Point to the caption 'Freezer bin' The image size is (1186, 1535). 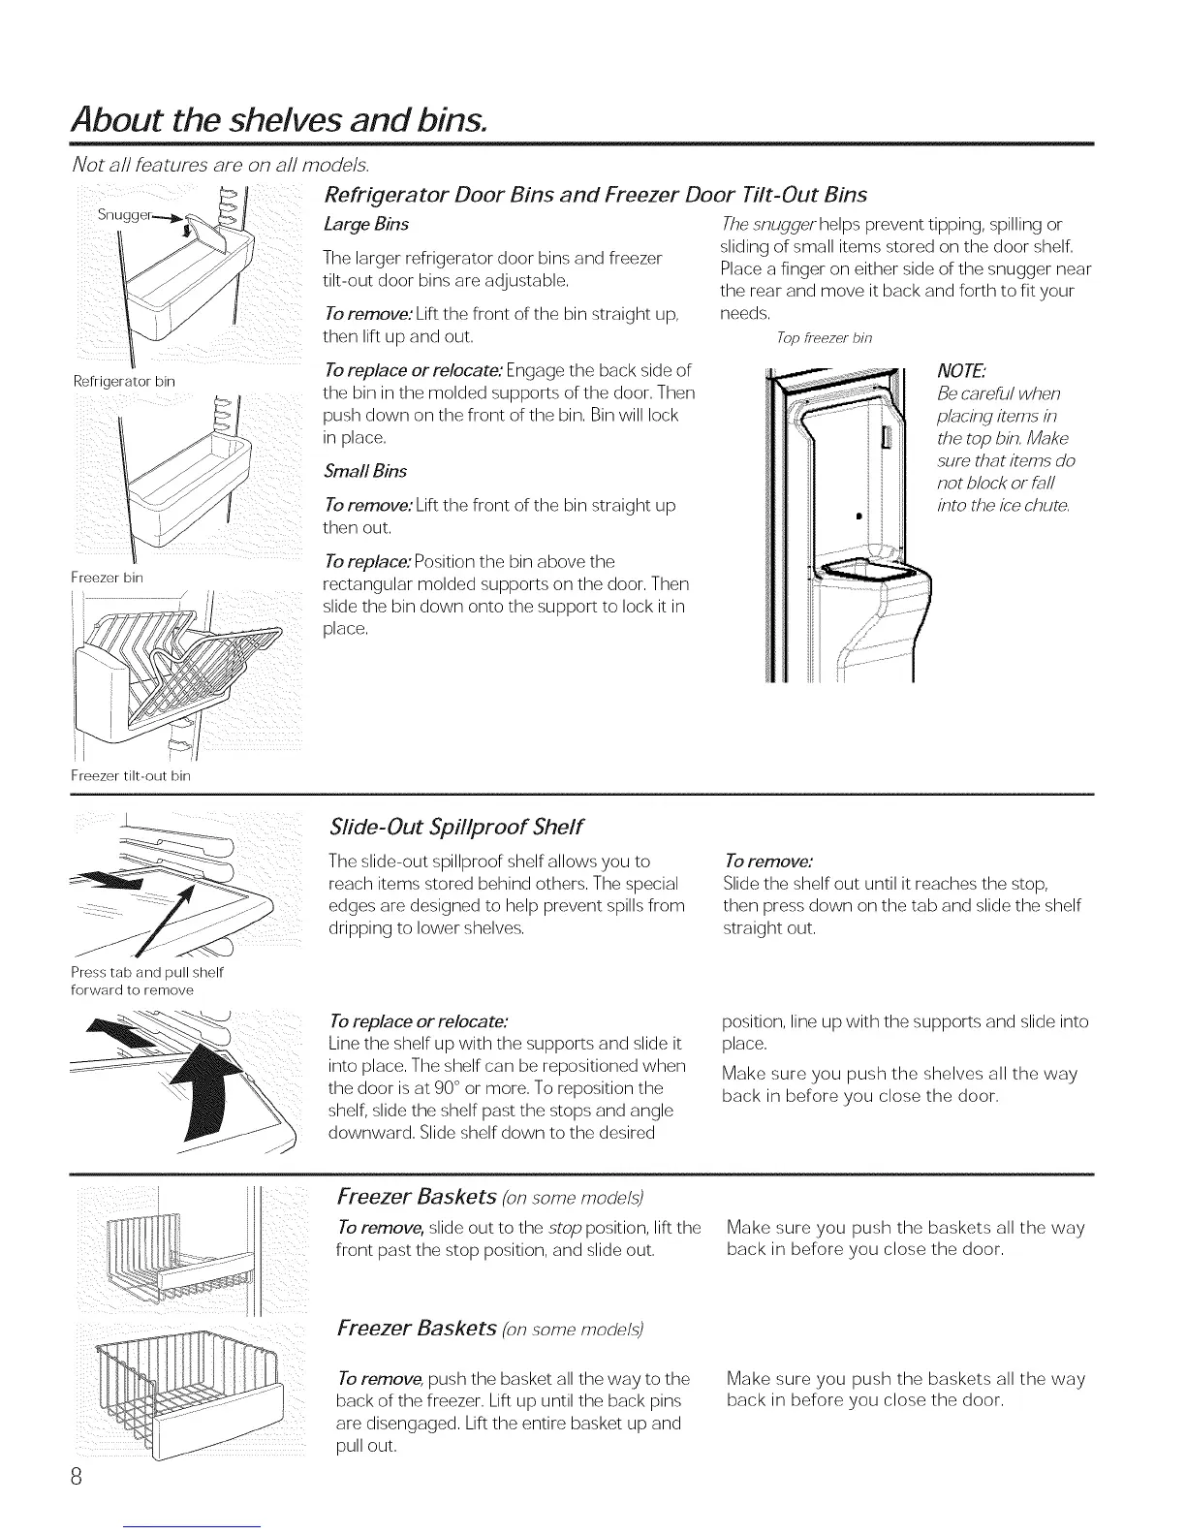(x=107, y=578)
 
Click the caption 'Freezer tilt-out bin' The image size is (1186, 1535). (x=130, y=775)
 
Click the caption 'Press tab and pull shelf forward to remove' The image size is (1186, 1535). (x=147, y=981)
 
